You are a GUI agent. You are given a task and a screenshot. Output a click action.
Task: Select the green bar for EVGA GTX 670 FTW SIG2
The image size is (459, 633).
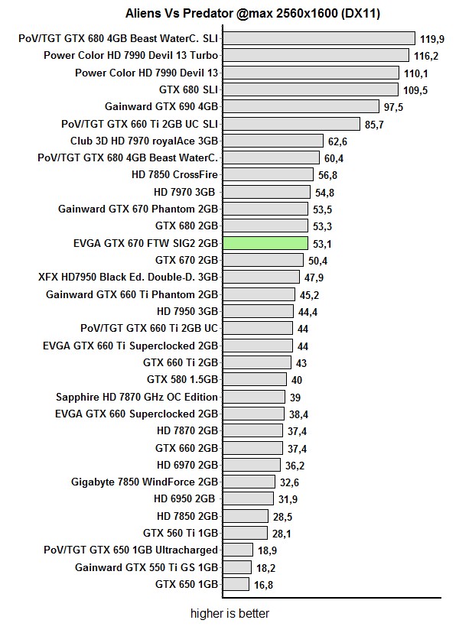[264, 243]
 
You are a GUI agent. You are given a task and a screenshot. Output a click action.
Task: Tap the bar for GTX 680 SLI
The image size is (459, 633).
[310, 89]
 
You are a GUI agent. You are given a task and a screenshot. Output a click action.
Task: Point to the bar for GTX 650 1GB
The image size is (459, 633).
[236, 585]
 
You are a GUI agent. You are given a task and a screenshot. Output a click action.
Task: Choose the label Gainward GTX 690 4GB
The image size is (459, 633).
[161, 106]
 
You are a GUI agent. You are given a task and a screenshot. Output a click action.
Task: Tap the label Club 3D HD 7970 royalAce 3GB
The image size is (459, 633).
[144, 141]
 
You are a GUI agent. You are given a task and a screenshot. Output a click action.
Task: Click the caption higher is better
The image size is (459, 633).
[230, 613]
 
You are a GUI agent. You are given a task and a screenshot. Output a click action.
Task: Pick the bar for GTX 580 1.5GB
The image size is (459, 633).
[255, 380]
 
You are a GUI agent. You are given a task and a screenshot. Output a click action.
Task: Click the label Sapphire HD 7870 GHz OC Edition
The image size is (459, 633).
[137, 397]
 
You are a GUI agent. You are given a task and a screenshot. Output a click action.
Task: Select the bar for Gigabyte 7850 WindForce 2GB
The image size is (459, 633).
[249, 482]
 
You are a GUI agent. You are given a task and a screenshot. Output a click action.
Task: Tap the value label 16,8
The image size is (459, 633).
[264, 585]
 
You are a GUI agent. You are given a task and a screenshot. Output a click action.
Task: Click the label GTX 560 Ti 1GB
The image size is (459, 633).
[181, 533]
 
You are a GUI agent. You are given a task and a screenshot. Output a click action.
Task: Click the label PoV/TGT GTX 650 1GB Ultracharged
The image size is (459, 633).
[131, 550]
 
